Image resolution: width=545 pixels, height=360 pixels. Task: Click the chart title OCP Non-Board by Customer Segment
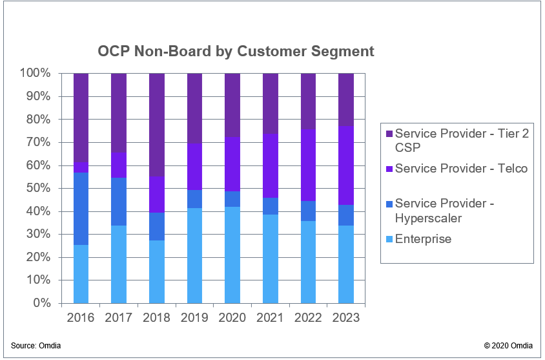236,51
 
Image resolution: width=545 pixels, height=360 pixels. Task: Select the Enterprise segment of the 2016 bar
81,273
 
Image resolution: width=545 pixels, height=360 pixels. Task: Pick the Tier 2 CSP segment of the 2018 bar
157,125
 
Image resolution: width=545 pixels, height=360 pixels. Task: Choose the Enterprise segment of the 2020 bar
232,255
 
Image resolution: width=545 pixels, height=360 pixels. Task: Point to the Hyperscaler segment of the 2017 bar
119,201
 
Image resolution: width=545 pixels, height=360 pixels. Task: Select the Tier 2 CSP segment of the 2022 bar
309,101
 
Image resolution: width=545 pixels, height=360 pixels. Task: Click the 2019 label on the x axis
194,318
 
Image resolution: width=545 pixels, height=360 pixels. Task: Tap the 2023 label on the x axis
346,318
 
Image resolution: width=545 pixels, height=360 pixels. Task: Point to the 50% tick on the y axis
37,188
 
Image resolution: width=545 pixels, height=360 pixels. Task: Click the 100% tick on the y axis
35,73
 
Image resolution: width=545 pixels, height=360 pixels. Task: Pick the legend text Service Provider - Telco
461,169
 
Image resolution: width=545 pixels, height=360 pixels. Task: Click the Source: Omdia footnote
36,346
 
